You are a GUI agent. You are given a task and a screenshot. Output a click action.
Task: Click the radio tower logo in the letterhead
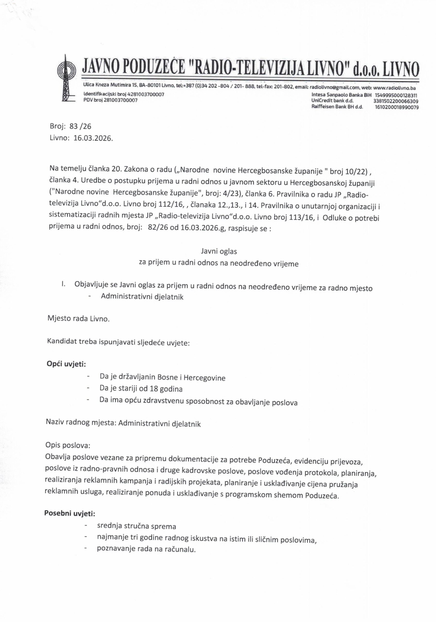(x=66, y=78)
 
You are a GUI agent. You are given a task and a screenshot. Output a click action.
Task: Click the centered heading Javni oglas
(x=219, y=251)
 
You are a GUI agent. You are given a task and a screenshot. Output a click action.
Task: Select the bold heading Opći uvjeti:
(x=66, y=364)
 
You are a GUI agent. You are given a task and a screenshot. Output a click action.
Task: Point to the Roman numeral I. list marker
(x=63, y=284)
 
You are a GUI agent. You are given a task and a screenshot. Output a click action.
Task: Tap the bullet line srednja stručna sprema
(x=137, y=526)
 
